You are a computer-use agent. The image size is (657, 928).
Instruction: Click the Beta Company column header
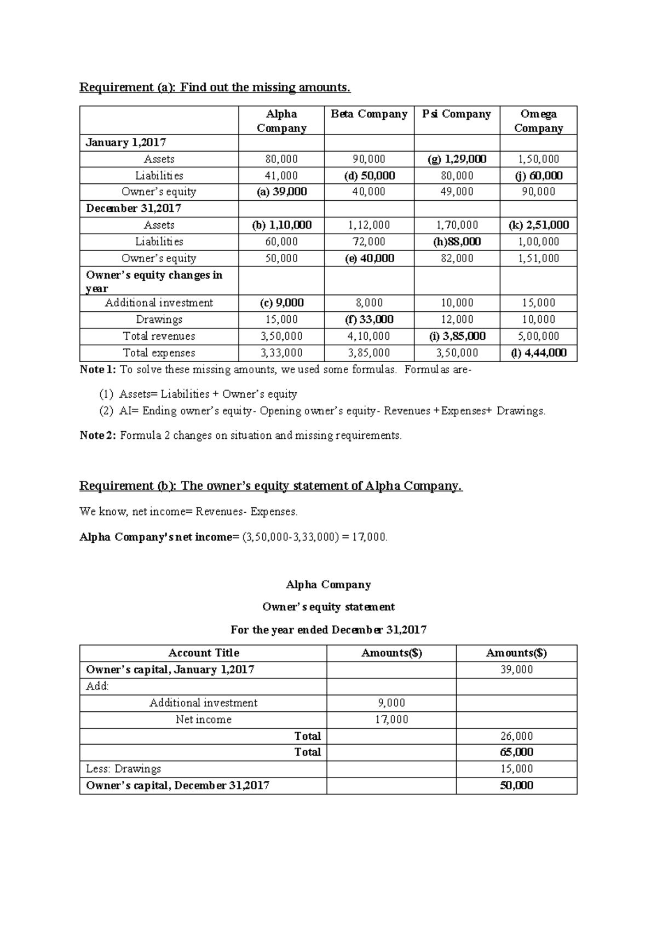click(x=368, y=114)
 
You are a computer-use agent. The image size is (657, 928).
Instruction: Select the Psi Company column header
click(x=456, y=114)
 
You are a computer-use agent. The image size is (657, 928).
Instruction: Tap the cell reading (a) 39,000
click(x=281, y=192)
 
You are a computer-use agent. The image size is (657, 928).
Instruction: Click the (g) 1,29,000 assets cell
click(x=457, y=159)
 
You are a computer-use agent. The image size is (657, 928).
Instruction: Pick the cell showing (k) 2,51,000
click(x=538, y=225)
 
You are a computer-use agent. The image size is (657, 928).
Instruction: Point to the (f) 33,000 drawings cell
click(x=369, y=320)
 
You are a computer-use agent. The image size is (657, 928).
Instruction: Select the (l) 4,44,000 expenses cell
click(x=538, y=353)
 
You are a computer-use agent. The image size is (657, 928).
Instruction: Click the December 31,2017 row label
click(x=134, y=208)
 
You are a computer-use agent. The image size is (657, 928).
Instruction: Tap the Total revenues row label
click(x=159, y=336)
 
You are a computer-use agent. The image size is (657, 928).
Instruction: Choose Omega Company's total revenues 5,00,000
click(x=538, y=336)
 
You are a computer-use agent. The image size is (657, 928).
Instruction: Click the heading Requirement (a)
click(x=215, y=88)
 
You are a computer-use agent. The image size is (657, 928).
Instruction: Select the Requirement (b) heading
click(x=271, y=486)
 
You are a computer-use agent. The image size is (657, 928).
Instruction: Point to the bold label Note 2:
click(x=98, y=436)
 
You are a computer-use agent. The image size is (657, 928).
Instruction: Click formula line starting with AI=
click(x=332, y=411)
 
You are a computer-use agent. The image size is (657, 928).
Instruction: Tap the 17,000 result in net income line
click(x=370, y=537)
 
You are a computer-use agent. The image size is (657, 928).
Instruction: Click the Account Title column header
click(x=203, y=653)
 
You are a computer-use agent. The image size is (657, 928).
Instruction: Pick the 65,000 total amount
click(x=516, y=752)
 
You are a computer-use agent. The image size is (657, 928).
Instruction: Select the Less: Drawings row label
click(x=123, y=769)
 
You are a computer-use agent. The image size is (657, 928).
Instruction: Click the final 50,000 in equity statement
click(x=516, y=785)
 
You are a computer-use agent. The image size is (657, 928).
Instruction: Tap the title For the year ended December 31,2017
click(x=328, y=630)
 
